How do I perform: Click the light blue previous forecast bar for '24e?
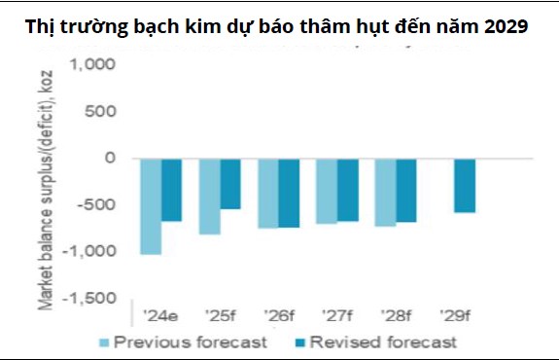(151, 205)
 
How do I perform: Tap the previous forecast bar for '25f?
(209, 196)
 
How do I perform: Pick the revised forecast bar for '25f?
(230, 183)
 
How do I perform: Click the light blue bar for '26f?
(268, 193)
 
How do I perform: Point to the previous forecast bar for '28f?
(386, 192)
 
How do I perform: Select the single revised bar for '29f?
(466, 185)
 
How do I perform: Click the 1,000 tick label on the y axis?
(92, 65)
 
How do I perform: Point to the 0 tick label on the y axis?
(110, 158)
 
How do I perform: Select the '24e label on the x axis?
(161, 316)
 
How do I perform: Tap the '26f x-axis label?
(279, 316)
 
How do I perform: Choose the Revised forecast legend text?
(397, 342)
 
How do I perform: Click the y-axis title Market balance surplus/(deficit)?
(46, 185)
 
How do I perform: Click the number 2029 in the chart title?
(504, 27)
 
